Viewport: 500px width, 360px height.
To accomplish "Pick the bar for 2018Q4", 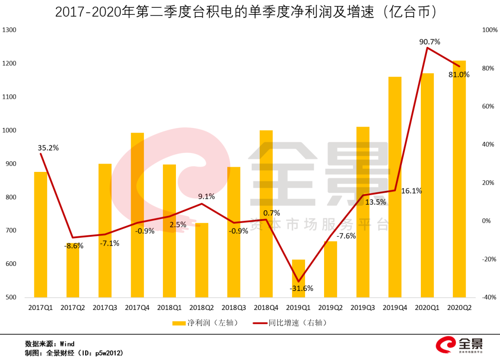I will tap(266, 214).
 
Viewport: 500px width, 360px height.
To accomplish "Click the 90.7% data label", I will tap(429, 42).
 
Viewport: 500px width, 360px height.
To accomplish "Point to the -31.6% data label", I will tap(301, 288).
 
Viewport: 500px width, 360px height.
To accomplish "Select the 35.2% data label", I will tap(48, 148).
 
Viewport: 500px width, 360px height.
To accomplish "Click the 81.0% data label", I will tap(458, 75).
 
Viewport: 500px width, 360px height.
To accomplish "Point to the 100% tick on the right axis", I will tap(489, 30).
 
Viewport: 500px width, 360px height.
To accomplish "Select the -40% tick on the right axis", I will tap(489, 297).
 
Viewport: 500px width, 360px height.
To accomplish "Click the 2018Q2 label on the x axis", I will tap(201, 308).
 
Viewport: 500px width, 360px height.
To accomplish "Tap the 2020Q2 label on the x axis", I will tap(459, 308).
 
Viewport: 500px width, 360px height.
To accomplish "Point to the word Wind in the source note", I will tap(68, 344).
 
